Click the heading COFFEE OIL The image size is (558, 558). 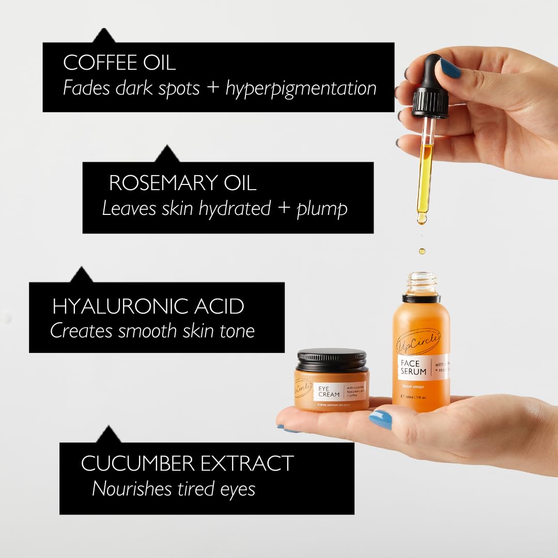[119, 63]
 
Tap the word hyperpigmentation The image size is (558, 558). [301, 88]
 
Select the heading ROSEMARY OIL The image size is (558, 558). [182, 183]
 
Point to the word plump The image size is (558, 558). [321, 209]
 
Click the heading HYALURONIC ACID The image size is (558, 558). [148, 306]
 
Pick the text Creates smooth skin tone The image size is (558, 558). [152, 331]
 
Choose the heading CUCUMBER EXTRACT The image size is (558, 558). [187, 463]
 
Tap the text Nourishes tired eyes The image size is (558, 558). [174, 489]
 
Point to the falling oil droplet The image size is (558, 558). [422, 251]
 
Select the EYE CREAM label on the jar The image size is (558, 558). [329, 391]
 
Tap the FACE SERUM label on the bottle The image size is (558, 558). [413, 367]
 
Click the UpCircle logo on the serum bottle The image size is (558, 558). [418, 341]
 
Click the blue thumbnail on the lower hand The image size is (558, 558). [380, 419]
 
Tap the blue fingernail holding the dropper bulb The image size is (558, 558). [450, 68]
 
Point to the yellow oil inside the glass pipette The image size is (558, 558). [425, 176]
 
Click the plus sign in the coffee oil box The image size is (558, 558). [212, 88]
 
